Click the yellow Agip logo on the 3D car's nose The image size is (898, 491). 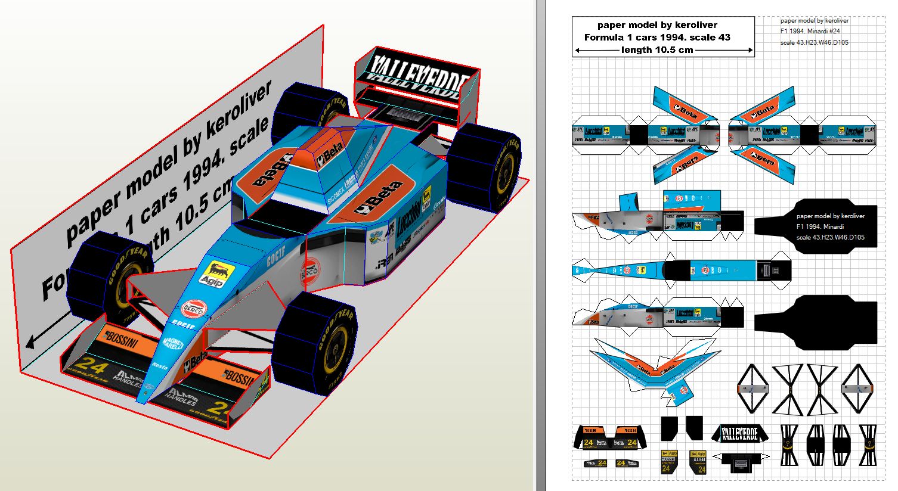point(213,276)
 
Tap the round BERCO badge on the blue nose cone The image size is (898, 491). point(193,307)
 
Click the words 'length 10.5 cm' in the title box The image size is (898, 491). point(657,50)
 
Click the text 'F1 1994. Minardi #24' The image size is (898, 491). point(815,31)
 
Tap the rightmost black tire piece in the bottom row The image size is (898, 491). point(868,445)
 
